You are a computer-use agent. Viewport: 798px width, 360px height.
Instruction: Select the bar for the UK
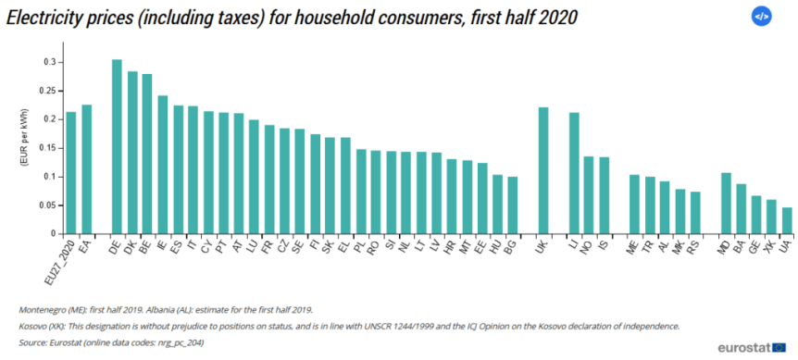coord(543,170)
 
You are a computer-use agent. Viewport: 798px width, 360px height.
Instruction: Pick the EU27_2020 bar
coord(71,172)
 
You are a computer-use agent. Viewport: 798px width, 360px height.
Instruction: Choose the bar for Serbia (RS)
coord(695,212)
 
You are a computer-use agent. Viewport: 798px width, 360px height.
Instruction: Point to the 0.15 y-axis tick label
coord(47,148)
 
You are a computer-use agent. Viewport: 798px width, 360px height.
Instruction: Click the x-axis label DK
coord(131,245)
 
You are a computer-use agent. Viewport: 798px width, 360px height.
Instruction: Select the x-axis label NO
coord(587,245)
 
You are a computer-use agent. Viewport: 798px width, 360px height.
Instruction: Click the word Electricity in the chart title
coord(44,16)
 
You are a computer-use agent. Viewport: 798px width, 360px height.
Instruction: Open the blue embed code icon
coord(761,16)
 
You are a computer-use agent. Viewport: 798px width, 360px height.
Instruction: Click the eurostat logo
coord(751,346)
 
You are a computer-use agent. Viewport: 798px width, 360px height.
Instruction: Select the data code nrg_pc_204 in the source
coord(181,341)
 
